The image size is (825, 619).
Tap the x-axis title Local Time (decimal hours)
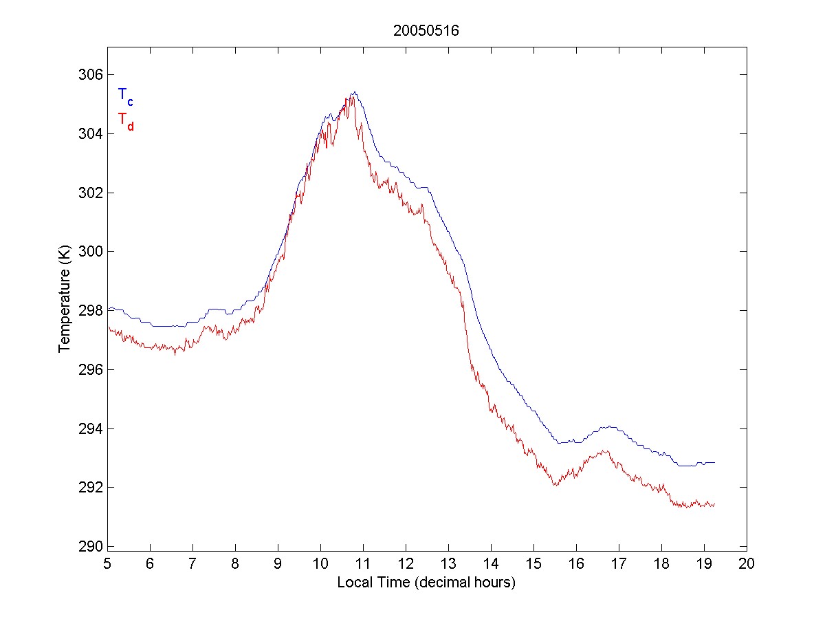tap(426, 583)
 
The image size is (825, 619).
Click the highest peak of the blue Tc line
tap(354, 92)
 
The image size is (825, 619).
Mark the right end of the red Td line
tap(715, 504)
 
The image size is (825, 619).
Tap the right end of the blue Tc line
tap(715, 462)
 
